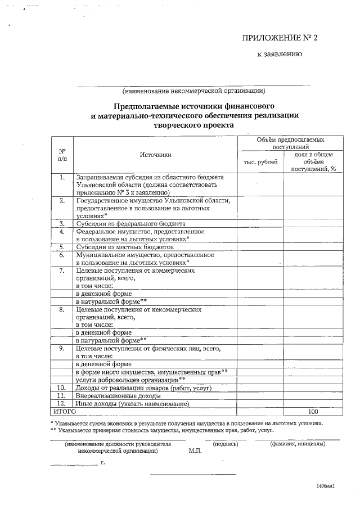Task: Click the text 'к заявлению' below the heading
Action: pos(280,55)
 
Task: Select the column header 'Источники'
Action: pos(155,155)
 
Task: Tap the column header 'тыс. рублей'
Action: pos(260,162)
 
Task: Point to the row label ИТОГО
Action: pos(64,411)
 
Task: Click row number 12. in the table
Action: pos(62,404)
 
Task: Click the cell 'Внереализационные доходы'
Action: pos(120,396)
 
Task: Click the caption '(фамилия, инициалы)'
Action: pos(298,444)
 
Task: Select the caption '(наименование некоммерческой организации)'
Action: pos(193,91)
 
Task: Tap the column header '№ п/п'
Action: pos(62,155)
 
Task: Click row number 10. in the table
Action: pos(62,388)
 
